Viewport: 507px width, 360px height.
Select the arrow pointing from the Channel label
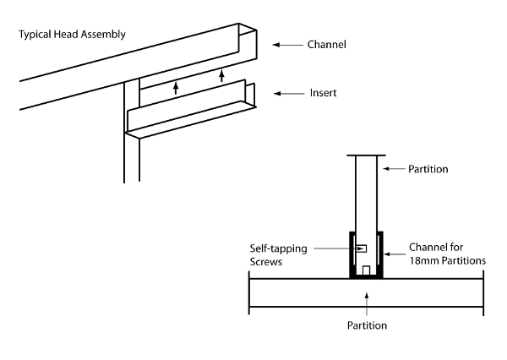[x=290, y=45]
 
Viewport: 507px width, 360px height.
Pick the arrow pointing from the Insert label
[x=290, y=92]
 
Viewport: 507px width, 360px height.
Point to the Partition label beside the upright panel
[x=428, y=169]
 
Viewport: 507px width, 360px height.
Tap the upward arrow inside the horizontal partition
[x=366, y=297]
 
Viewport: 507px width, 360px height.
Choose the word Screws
[x=267, y=262]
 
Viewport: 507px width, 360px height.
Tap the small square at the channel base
[x=366, y=271]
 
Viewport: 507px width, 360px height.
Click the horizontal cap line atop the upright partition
[x=366, y=155]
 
